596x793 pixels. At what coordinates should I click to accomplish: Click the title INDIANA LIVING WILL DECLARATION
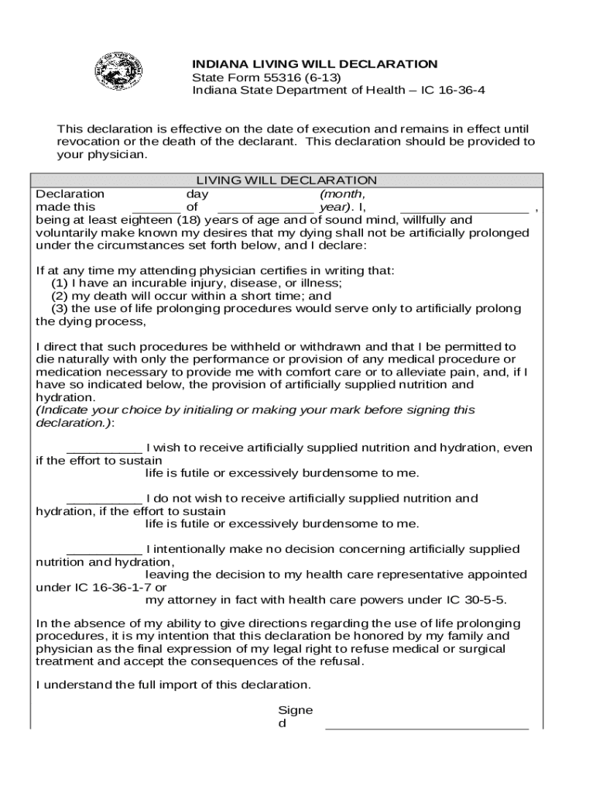pyautogui.click(x=314, y=64)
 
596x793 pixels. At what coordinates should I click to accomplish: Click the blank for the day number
pyautogui.click(x=156, y=208)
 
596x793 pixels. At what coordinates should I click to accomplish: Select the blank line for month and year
pyautogui.click(x=265, y=208)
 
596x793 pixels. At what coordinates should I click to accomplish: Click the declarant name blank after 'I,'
pyautogui.click(x=464, y=208)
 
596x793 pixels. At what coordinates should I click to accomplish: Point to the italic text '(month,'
pyautogui.click(x=342, y=194)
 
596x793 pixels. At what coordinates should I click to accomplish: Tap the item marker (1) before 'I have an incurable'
pyautogui.click(x=60, y=283)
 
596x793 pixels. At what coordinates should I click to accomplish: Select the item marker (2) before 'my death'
pyautogui.click(x=60, y=296)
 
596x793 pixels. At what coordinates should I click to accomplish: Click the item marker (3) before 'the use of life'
pyautogui.click(x=60, y=309)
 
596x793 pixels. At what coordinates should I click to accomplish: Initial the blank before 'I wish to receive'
pyautogui.click(x=104, y=448)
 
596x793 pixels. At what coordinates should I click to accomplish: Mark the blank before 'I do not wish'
pyautogui.click(x=104, y=499)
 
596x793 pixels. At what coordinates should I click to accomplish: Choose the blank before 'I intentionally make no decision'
pyautogui.click(x=104, y=550)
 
